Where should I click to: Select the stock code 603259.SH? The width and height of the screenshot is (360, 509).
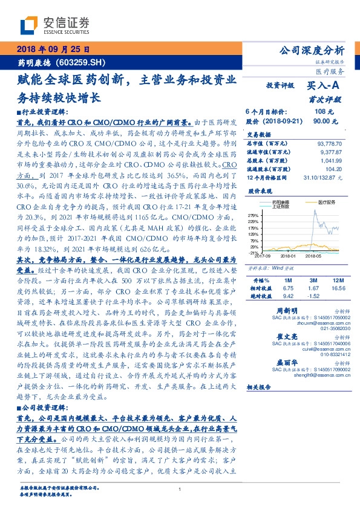click(x=85, y=62)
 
